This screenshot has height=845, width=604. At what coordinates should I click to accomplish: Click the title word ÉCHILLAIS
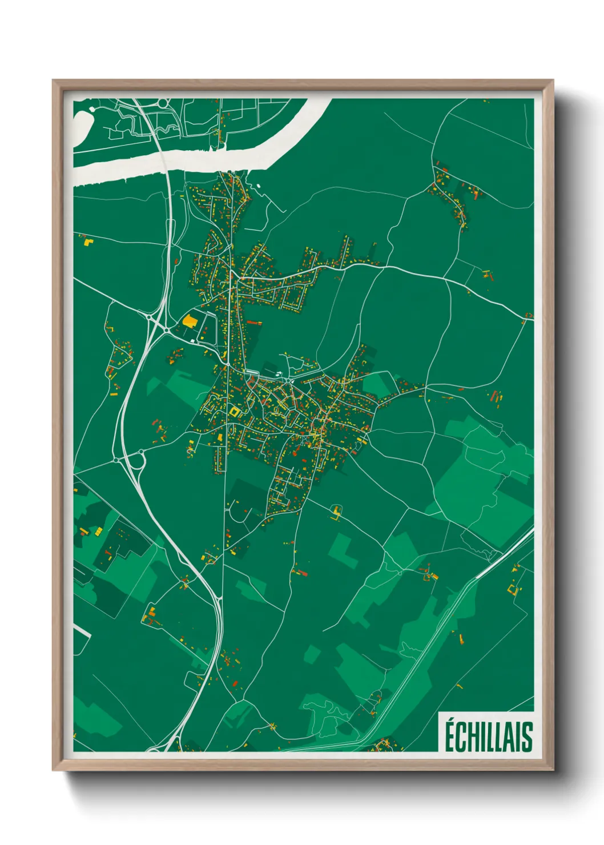488,737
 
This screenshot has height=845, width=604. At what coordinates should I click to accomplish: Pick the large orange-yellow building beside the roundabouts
189,320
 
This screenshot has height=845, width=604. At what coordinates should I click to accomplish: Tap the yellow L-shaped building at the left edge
88,242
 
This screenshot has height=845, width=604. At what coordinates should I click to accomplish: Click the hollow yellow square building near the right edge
514,589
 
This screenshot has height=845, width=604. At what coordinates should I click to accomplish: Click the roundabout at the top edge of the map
164,103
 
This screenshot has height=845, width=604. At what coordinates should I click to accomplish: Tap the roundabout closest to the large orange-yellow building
166,329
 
